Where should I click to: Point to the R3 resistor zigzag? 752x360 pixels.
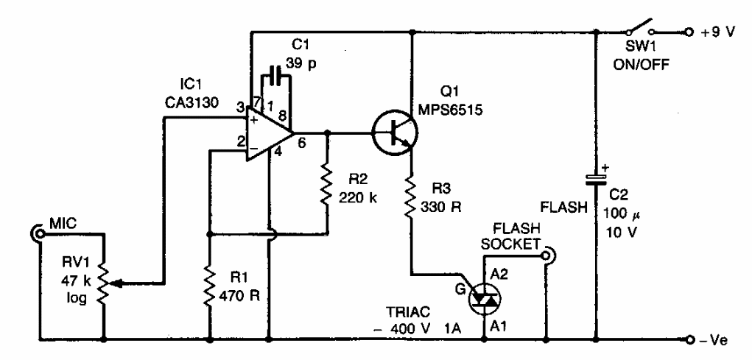click(412, 197)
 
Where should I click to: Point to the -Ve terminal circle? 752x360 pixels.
click(689, 340)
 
